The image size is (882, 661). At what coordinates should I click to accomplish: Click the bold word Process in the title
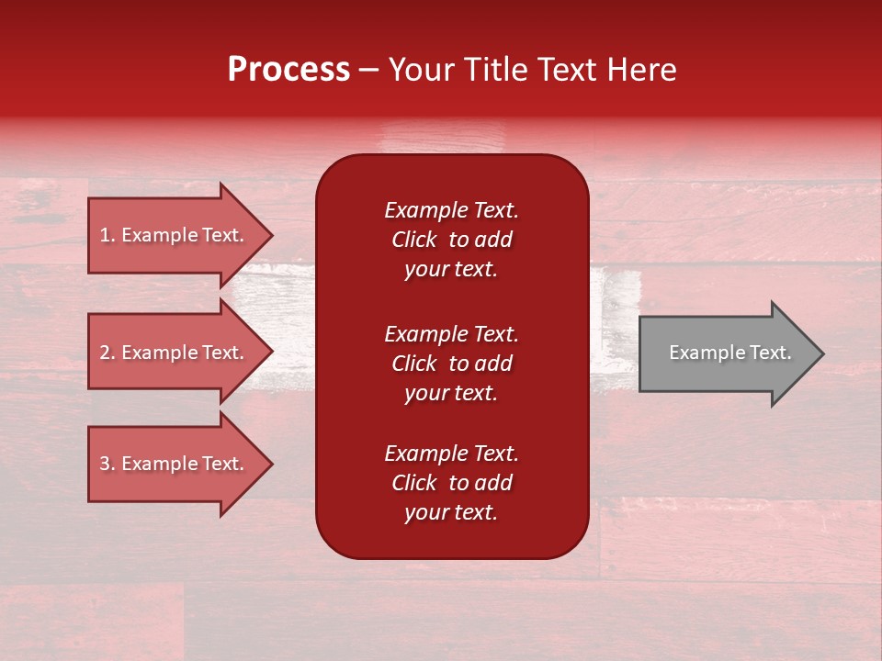tap(288, 70)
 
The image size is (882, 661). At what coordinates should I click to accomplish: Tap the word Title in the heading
tap(497, 70)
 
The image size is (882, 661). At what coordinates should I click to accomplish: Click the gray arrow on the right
tap(726, 353)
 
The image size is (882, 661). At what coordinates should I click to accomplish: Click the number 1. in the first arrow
tap(107, 235)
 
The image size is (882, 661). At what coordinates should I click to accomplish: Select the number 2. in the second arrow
tap(107, 353)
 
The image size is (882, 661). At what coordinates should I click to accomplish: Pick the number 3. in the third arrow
tap(107, 464)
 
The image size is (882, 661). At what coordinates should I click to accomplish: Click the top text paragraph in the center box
tap(451, 240)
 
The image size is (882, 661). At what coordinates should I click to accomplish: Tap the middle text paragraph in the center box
tap(451, 364)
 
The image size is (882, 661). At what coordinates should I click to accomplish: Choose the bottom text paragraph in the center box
tap(451, 483)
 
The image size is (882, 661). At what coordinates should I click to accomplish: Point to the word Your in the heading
tap(424, 70)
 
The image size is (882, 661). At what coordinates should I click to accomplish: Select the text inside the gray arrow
tap(729, 353)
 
